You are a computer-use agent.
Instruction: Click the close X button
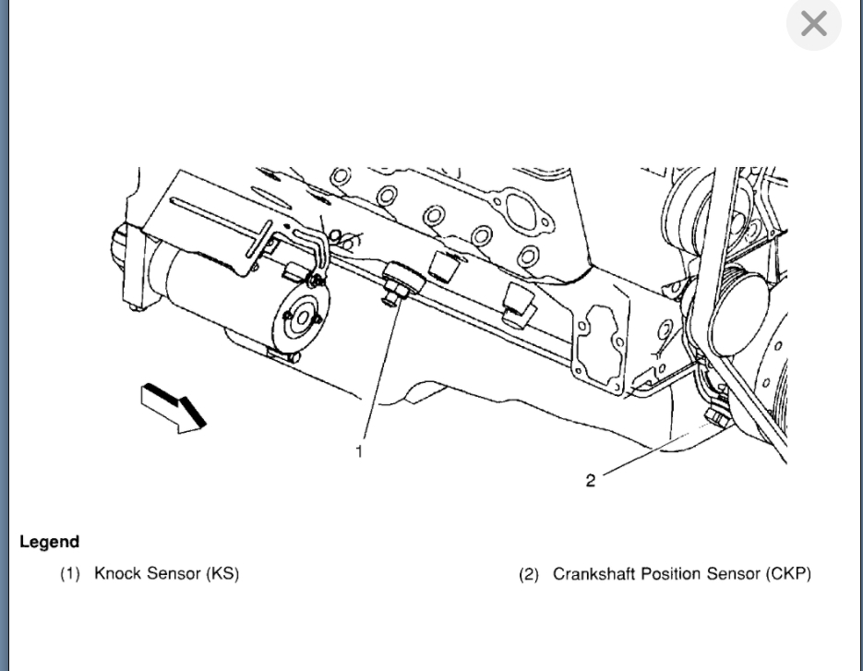click(x=813, y=24)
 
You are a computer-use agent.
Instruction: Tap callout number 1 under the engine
click(x=359, y=450)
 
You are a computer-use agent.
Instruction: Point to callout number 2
click(x=591, y=479)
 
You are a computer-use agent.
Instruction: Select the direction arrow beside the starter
click(x=173, y=407)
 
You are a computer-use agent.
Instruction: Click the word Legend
click(x=49, y=542)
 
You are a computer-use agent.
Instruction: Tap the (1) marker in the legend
click(x=71, y=574)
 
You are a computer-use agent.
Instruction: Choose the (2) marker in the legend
click(x=529, y=574)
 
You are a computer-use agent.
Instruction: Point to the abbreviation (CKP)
click(x=787, y=573)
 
